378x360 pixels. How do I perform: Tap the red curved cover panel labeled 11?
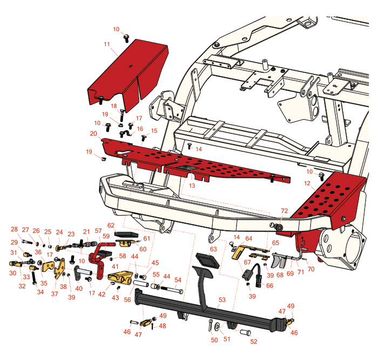pyautogui.click(x=127, y=73)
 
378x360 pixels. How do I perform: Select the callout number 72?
pyautogui.click(x=285, y=210)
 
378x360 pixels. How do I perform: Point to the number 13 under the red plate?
pyautogui.click(x=191, y=185)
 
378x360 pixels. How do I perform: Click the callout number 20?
pyautogui.click(x=93, y=133)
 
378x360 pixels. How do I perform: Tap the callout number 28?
pyautogui.click(x=15, y=229)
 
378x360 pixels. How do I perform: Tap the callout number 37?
pyautogui.click(x=55, y=294)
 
